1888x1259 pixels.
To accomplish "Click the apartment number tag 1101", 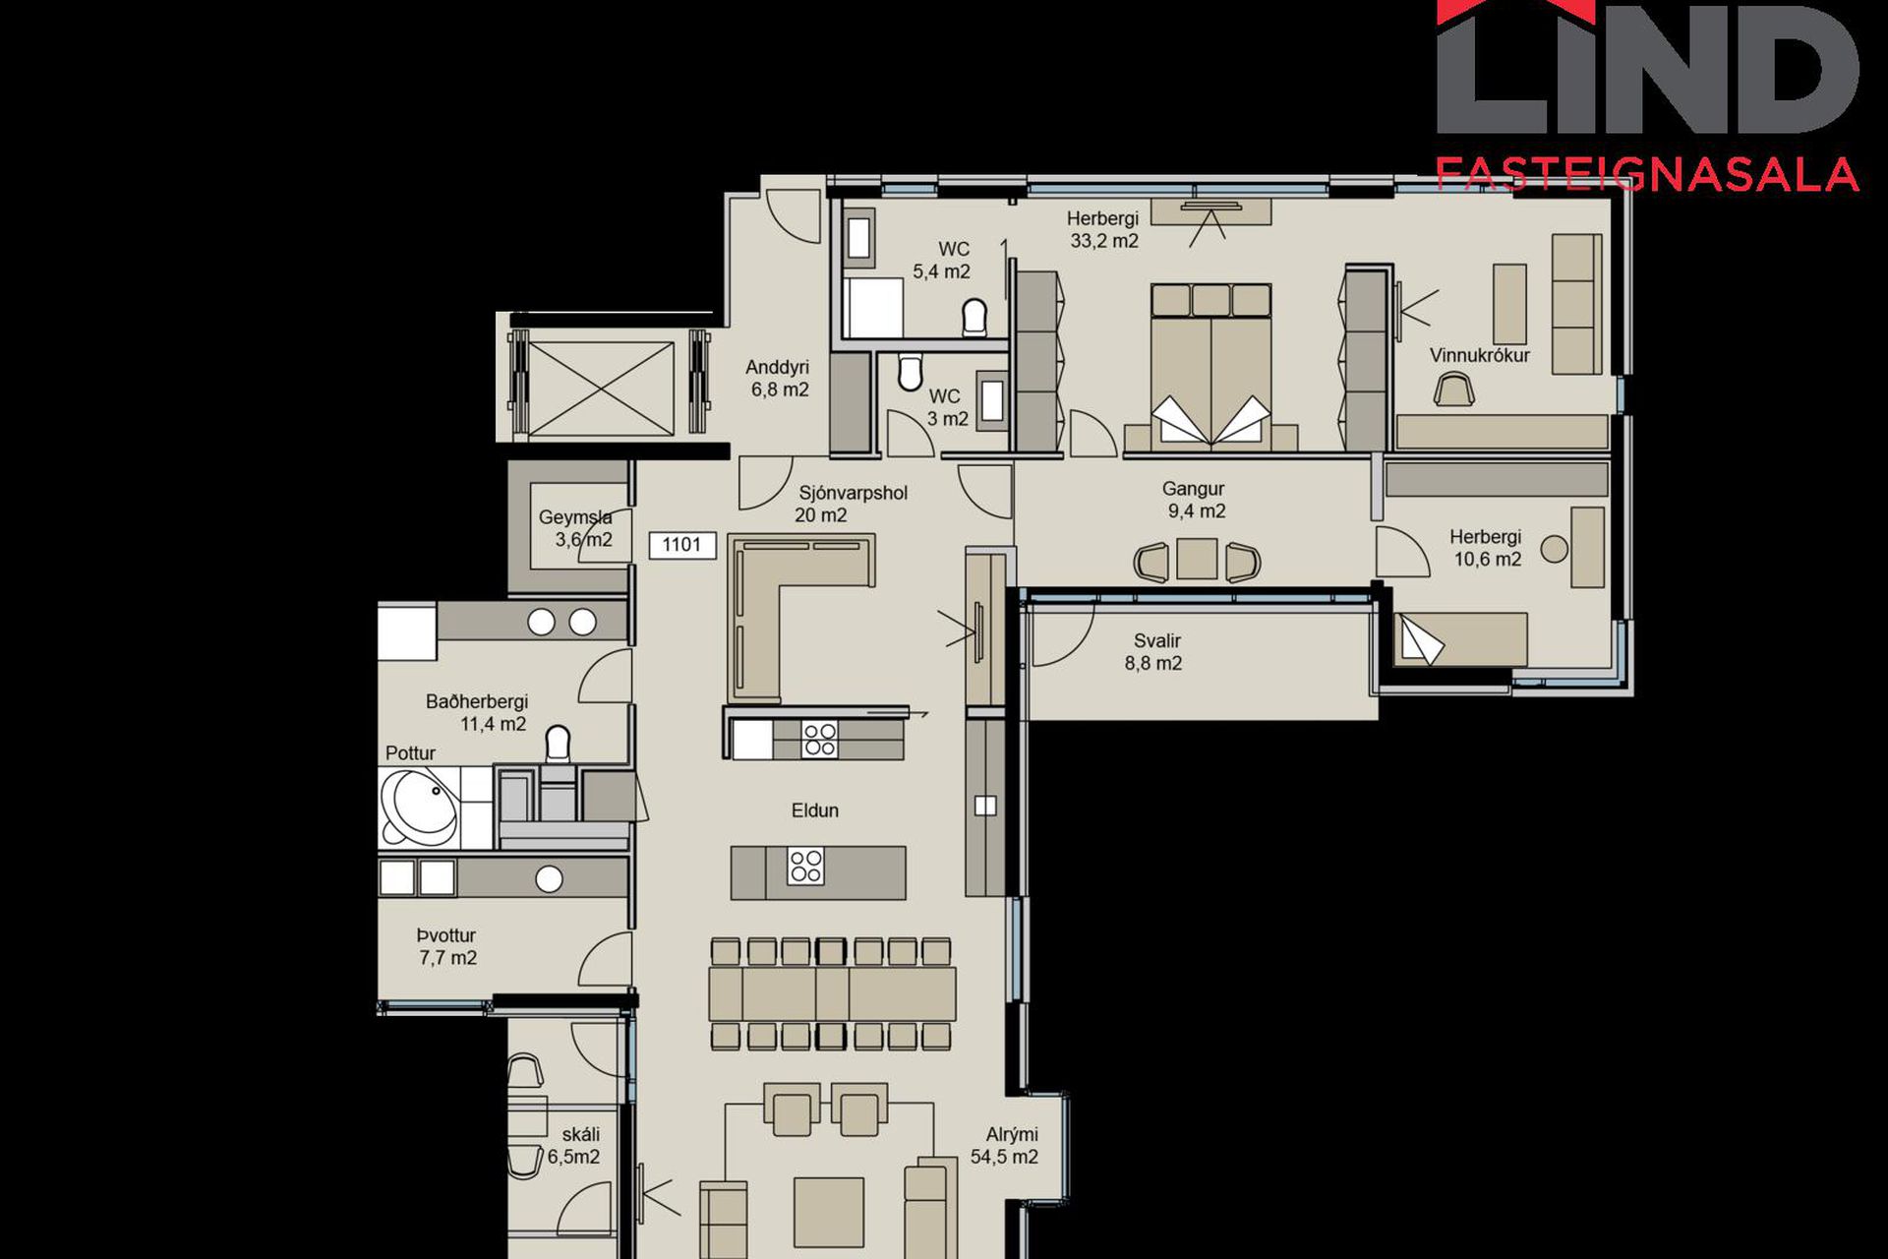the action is [681, 545].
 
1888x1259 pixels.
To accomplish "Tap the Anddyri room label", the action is [777, 367].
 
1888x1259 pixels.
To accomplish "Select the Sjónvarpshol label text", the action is [853, 493].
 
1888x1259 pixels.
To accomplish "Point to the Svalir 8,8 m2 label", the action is [1154, 652].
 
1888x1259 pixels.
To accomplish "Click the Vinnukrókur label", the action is [1480, 355].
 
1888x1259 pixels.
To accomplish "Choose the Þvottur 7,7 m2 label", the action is [447, 946].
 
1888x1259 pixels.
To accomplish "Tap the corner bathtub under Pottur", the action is [419, 807].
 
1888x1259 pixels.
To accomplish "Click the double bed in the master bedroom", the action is [1211, 368].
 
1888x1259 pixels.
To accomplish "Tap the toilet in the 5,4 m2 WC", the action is [974, 317].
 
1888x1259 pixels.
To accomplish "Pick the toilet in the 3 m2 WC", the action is [911, 373].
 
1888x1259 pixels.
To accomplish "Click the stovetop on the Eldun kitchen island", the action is [805, 867].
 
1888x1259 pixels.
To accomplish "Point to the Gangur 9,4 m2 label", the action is [1195, 500].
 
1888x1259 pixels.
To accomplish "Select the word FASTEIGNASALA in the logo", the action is [1647, 174].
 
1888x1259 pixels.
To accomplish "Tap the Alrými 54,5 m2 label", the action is [1004, 1146].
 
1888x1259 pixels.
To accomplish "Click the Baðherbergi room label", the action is [477, 701].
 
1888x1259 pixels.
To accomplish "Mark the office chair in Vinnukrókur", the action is [1454, 389].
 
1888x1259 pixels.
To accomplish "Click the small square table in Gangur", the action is [1197, 560].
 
